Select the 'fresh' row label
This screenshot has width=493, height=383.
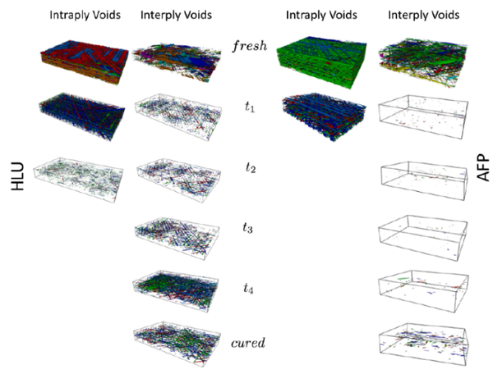coord(248,48)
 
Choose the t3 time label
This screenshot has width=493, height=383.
coord(248,230)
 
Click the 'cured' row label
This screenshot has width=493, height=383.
coord(248,343)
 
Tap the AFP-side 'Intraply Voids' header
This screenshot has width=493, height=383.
coord(319,15)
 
